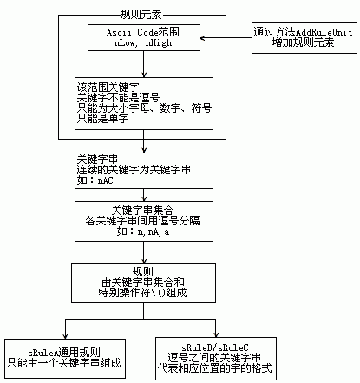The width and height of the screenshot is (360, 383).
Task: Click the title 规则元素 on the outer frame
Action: tap(141, 15)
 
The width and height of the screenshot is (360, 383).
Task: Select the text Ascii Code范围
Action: tap(143, 32)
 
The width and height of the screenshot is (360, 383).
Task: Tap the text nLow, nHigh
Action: tap(143, 43)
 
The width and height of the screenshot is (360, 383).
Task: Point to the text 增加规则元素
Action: tap(303, 42)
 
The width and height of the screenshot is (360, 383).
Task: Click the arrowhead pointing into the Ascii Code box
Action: tap(202, 38)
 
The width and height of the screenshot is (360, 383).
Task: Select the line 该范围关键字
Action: tap(108, 87)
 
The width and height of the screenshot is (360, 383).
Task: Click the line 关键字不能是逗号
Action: tap(118, 98)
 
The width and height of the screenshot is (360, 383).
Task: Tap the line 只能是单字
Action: tap(102, 119)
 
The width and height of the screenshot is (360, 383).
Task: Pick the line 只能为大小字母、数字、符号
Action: tap(144, 108)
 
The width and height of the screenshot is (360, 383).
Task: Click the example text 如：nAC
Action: tap(95, 180)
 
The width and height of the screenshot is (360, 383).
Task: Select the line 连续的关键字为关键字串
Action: tap(134, 170)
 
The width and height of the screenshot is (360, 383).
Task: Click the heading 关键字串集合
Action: tap(142, 210)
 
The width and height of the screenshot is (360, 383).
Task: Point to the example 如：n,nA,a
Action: tap(143, 231)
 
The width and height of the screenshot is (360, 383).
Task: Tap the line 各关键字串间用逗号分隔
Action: tap(142, 221)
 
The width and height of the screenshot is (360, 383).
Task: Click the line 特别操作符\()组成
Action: tap(142, 293)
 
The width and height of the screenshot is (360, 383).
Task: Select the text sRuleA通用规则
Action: tap(64, 353)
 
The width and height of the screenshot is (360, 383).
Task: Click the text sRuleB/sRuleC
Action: tap(215, 347)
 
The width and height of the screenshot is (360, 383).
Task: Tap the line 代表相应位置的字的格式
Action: tap(215, 368)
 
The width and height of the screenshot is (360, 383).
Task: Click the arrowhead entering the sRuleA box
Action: tap(65, 336)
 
